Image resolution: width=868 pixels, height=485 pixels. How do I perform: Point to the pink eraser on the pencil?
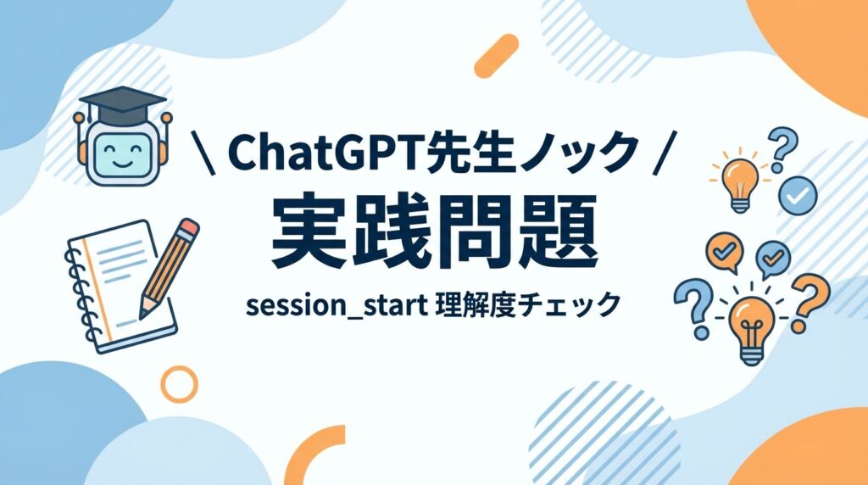pyautogui.click(x=189, y=227)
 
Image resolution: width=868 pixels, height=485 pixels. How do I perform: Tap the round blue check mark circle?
pyautogui.click(x=797, y=195)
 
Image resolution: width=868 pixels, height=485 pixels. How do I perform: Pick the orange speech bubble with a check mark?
pyautogui.click(x=723, y=252)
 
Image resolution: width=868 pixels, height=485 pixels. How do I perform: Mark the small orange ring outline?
pyautogui.click(x=179, y=383)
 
